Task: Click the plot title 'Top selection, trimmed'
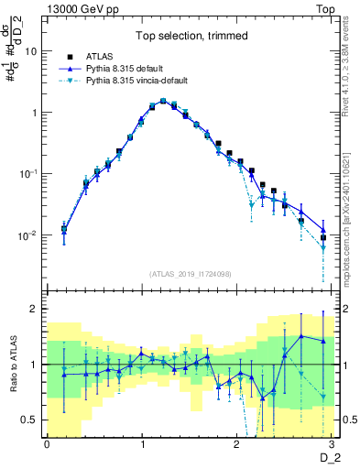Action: tap(187, 38)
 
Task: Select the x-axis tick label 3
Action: tap(333, 443)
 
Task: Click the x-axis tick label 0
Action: tap(46, 443)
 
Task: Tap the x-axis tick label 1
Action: tap(142, 443)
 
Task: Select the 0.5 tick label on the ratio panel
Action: tap(30, 420)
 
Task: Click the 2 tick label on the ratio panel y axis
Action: tap(35, 309)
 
